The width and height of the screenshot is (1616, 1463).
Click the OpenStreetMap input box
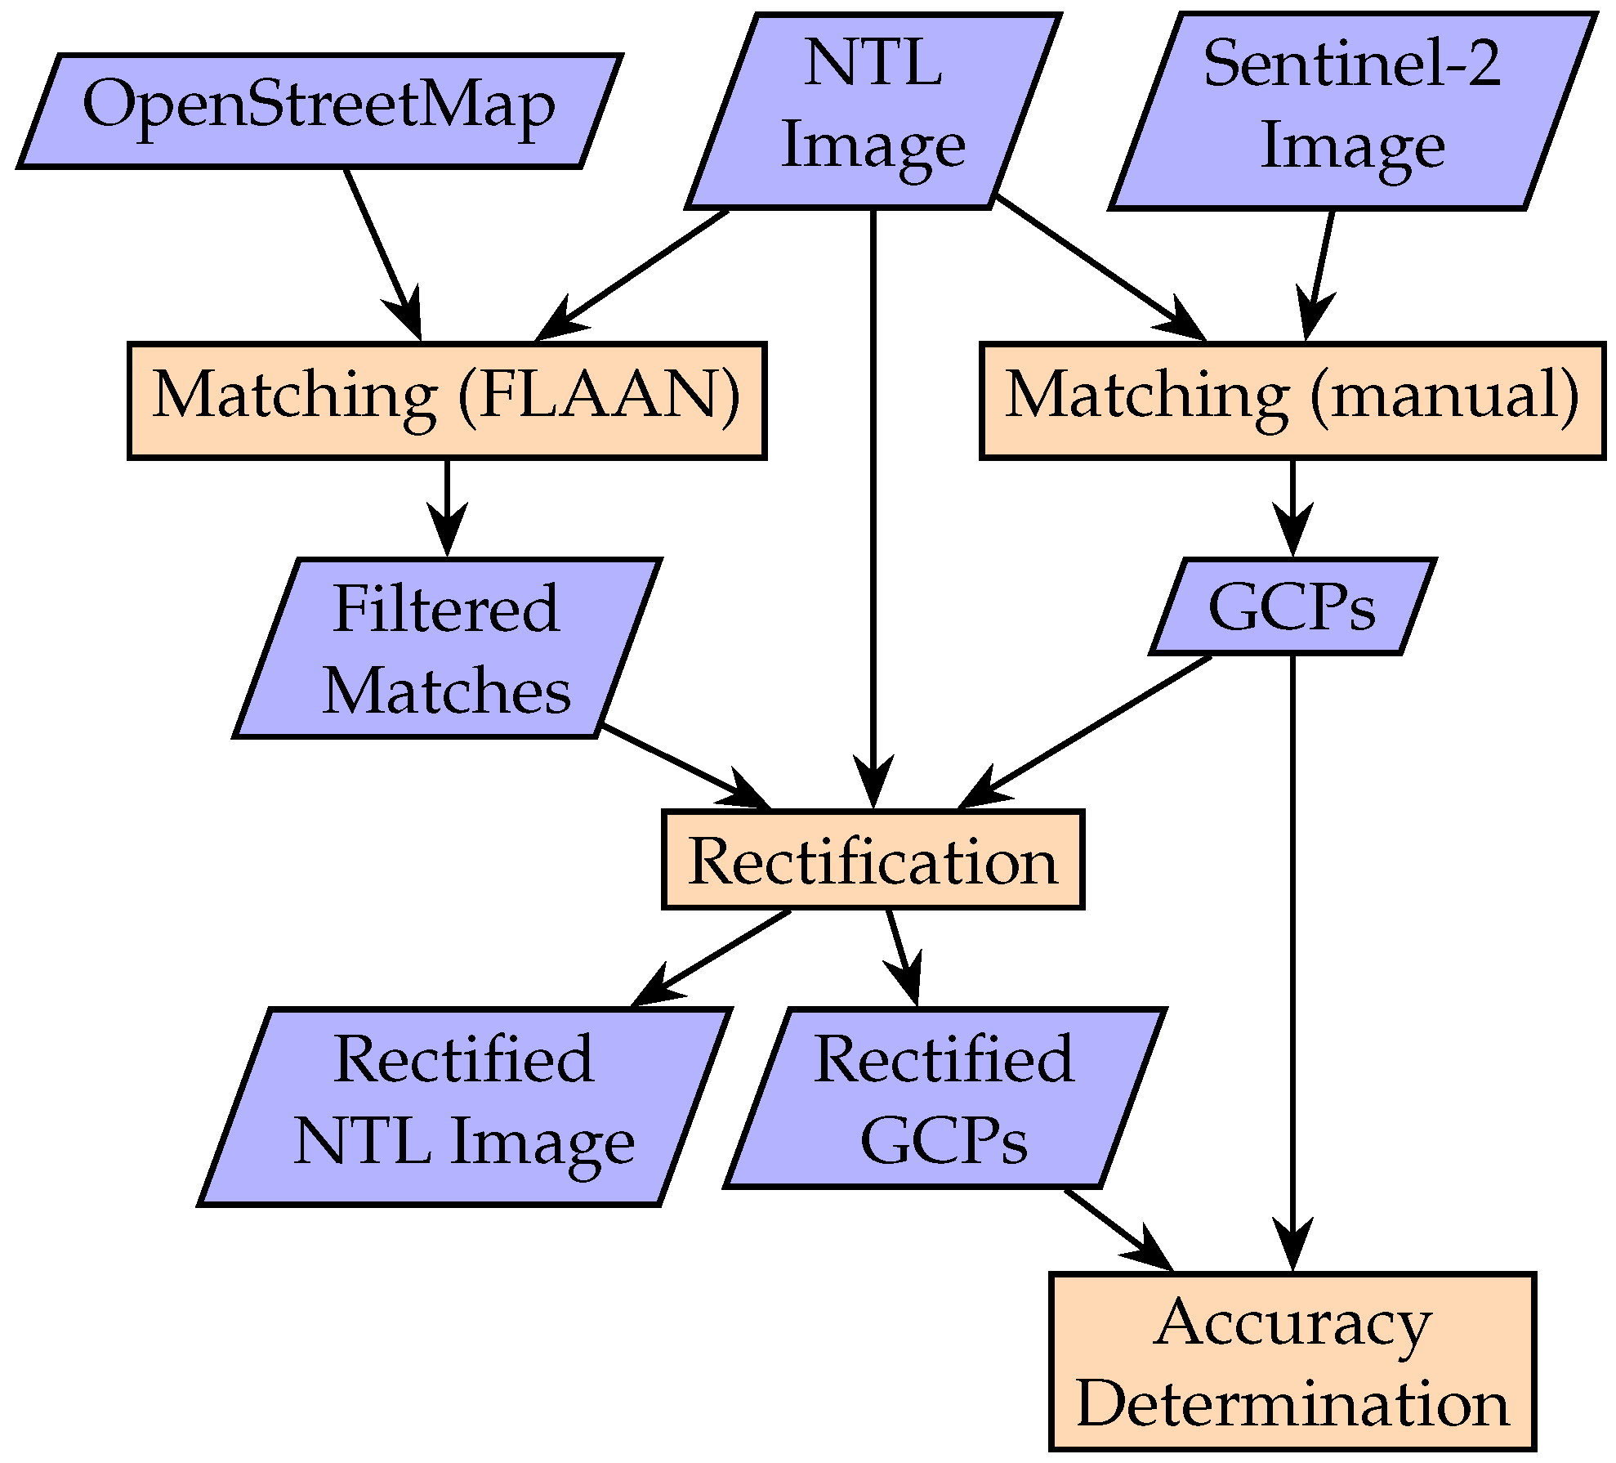(x=319, y=110)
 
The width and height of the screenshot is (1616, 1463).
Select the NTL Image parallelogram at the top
(x=873, y=110)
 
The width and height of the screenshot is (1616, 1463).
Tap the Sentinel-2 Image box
(x=1352, y=110)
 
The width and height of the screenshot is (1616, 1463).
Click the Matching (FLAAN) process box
(x=446, y=400)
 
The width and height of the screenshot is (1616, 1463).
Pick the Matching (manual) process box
(x=1292, y=400)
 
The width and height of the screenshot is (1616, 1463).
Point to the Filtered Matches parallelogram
(x=446, y=648)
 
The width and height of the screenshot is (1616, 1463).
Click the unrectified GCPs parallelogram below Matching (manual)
(x=1292, y=606)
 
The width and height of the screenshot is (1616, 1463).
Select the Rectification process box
(x=873, y=860)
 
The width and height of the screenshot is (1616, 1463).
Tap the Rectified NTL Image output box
(x=463, y=1106)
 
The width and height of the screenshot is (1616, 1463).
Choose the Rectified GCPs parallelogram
(x=944, y=1098)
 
